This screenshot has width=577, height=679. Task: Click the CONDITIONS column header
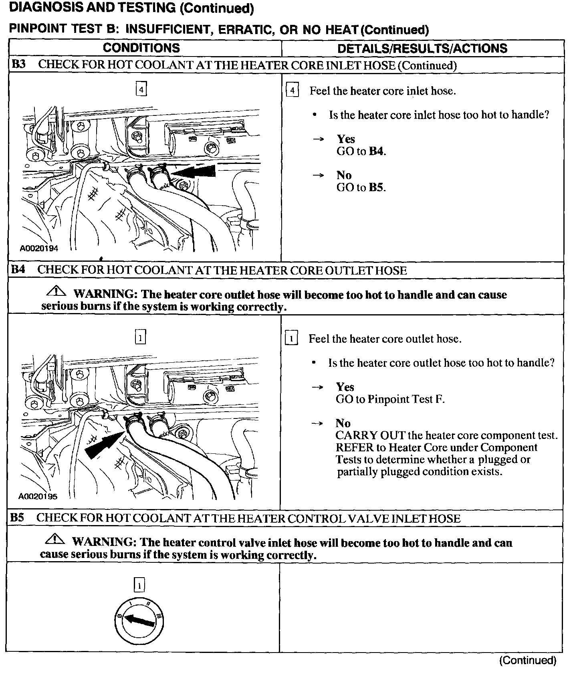tap(141, 48)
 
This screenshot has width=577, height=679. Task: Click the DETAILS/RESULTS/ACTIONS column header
tap(422, 48)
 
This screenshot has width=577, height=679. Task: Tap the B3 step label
tap(18, 65)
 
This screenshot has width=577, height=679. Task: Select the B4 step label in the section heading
tap(18, 269)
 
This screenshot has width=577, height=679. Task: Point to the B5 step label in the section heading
tap(17, 517)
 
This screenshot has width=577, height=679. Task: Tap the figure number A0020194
tap(39, 249)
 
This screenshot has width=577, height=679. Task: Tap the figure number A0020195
tap(38, 496)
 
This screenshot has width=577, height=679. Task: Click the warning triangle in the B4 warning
tap(57, 291)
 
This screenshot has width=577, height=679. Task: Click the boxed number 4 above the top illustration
tap(141, 89)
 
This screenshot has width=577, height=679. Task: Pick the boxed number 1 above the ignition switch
tap(139, 586)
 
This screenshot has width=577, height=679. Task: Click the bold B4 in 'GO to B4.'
tap(377, 152)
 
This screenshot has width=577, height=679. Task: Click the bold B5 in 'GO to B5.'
tap(377, 188)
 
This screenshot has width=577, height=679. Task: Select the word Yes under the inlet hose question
tap(346, 139)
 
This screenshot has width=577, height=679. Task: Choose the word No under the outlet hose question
tap(343, 423)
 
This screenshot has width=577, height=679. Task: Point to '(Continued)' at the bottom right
tap(527, 660)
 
